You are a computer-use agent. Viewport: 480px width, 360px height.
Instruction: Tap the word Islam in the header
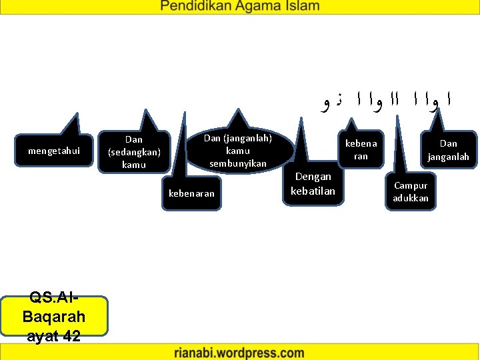point(299,7)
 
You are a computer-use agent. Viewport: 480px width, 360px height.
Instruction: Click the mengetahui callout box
point(54,151)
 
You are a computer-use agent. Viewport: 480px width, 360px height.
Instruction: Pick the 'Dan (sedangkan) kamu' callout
point(134,152)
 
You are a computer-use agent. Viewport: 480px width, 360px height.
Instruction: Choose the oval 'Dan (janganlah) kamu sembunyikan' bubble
point(237,151)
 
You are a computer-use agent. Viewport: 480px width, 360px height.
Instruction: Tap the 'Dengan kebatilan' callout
point(313,184)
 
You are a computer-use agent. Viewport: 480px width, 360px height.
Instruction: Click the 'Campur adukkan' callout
point(411,192)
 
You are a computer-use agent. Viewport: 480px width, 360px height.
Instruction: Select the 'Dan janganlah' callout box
point(449,150)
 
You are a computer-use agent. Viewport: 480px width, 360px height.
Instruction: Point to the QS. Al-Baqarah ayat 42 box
point(54,316)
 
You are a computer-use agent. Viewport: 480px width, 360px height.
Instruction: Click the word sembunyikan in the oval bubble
point(237,163)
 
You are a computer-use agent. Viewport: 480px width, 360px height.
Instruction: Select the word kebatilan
point(313,191)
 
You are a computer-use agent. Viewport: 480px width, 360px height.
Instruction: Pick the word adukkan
point(411,199)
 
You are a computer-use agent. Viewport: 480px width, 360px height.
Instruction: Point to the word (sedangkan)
point(134,152)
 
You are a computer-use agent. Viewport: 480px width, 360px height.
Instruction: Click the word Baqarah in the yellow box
point(54,316)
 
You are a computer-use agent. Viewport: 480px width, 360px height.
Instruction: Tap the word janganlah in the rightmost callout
point(449,157)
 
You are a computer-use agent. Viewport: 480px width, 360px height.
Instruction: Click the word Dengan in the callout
point(313,177)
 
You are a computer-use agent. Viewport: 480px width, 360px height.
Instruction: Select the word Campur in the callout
point(411,185)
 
